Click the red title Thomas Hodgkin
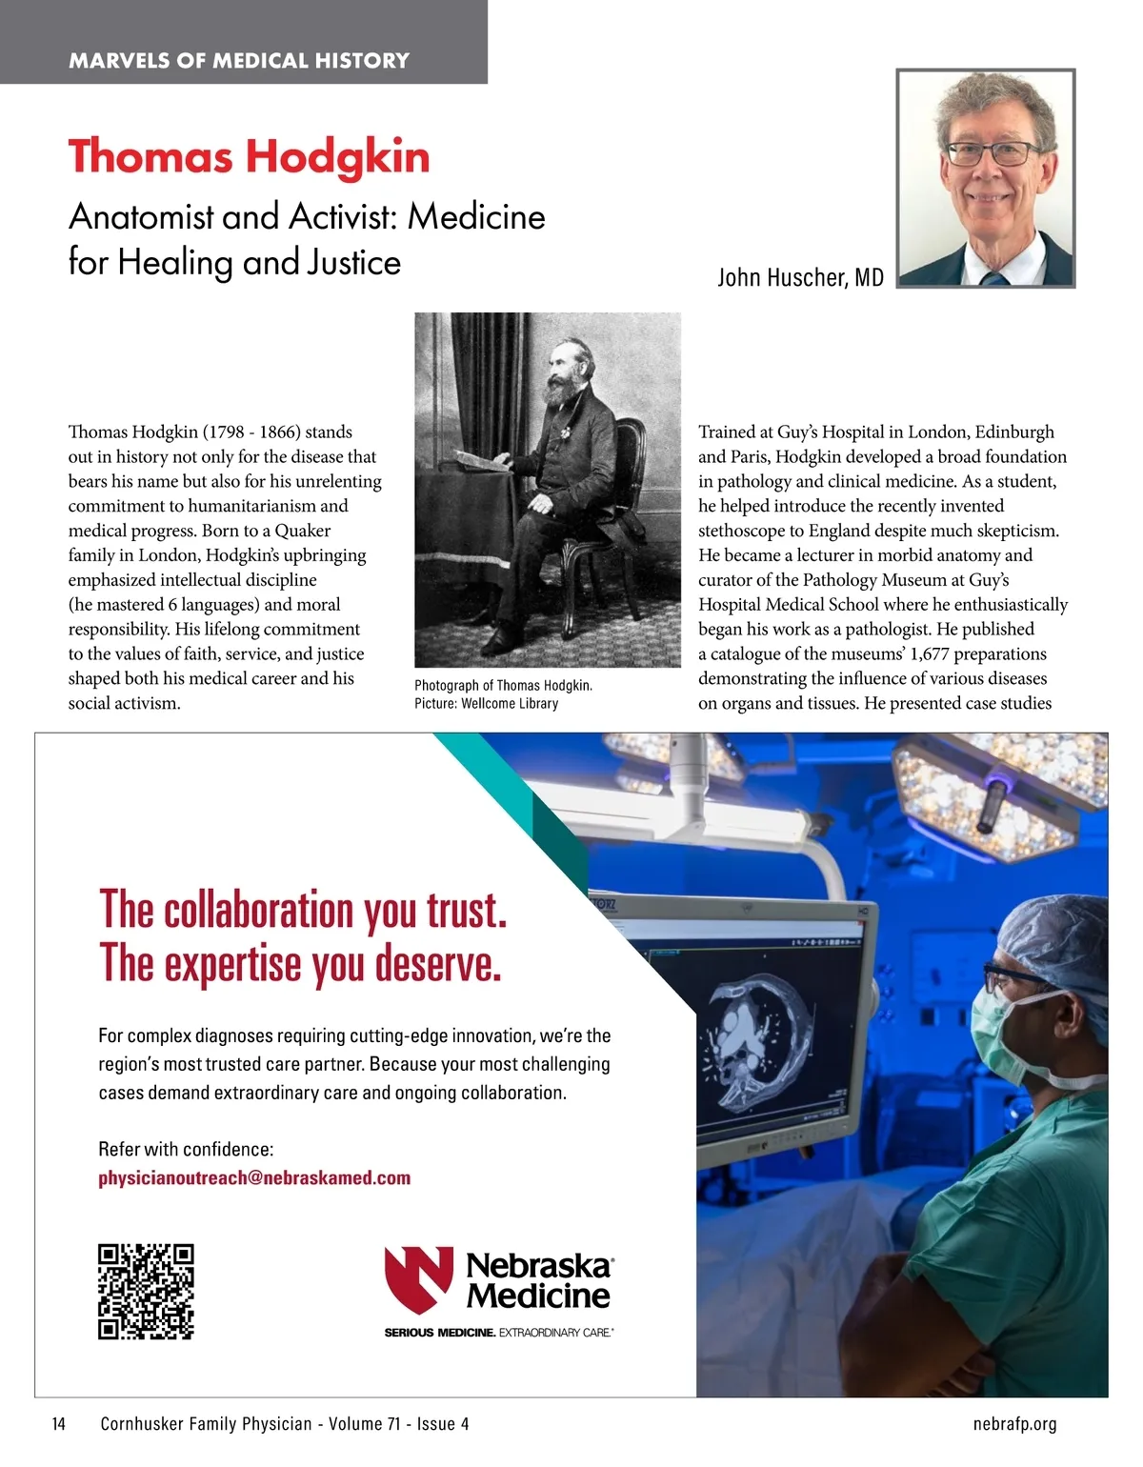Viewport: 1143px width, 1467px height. pyautogui.click(x=249, y=157)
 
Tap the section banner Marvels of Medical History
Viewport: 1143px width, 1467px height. pyautogui.click(x=239, y=61)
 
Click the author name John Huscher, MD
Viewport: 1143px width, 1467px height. pyautogui.click(x=800, y=277)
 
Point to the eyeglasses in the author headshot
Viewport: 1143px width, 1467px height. pyautogui.click(x=992, y=152)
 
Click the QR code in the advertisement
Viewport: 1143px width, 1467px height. pyautogui.click(x=146, y=1292)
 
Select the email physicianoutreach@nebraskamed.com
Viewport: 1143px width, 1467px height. pyautogui.click(x=254, y=1177)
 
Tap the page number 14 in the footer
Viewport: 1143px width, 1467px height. pyautogui.click(x=59, y=1424)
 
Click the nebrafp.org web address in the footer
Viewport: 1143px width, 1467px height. pyautogui.click(x=1014, y=1424)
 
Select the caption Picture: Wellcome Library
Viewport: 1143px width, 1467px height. pyautogui.click(x=486, y=704)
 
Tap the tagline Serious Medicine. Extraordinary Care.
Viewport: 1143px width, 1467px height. pyautogui.click(x=498, y=1332)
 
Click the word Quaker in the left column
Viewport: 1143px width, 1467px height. pyautogui.click(x=302, y=531)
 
